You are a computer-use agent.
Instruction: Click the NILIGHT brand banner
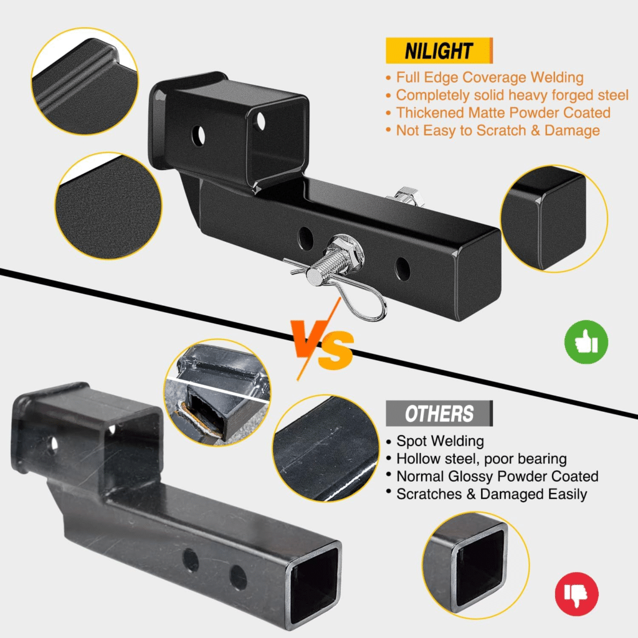(x=439, y=50)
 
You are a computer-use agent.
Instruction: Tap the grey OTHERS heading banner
(x=439, y=414)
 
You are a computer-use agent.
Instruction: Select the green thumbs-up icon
(x=586, y=342)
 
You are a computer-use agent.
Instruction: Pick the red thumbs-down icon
(x=576, y=594)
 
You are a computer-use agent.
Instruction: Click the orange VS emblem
(x=321, y=340)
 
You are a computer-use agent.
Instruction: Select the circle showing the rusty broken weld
(x=217, y=393)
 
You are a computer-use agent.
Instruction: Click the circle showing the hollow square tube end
(x=475, y=566)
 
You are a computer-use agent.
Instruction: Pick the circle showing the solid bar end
(x=554, y=219)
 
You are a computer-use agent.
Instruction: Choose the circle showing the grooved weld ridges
(x=85, y=81)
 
